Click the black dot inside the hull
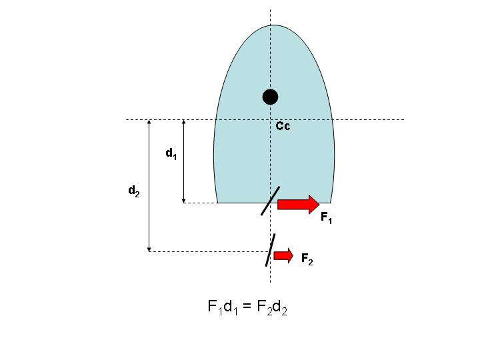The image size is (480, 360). [x=270, y=97]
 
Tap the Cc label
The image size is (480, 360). [x=283, y=126]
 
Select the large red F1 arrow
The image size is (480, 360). [x=299, y=204]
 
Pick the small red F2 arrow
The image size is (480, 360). [x=283, y=255]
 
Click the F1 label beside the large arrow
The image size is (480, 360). [x=326, y=217]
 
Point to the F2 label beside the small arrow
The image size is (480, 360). [x=307, y=259]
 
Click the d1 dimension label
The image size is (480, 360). [x=171, y=153]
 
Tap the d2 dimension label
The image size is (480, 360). [x=134, y=191]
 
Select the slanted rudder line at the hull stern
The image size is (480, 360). [x=270, y=201]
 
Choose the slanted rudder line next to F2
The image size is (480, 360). [x=270, y=250]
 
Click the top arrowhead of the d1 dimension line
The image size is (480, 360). [x=184, y=121]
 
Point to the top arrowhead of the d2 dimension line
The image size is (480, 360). [x=149, y=121]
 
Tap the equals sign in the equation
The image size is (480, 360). [x=247, y=307]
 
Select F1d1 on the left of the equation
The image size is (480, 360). [x=223, y=307]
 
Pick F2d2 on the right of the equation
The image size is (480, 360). [x=272, y=307]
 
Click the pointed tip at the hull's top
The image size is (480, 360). [x=274, y=25]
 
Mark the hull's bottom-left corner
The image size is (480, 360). [x=217, y=203]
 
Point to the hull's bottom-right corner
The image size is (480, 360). [x=331, y=203]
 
